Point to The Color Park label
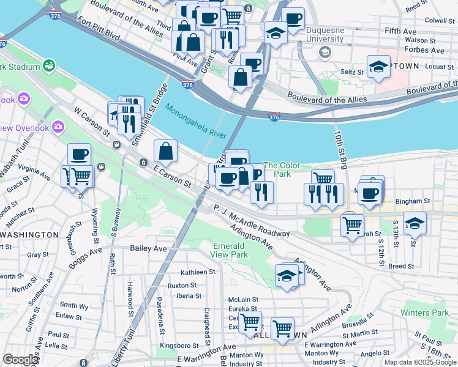tap(282, 169)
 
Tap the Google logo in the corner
tap(20, 360)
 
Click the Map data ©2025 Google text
tap(421, 362)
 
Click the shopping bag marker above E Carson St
tap(165, 150)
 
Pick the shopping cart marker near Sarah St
tap(352, 224)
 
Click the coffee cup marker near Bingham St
tap(369, 193)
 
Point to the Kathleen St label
tap(198, 272)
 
